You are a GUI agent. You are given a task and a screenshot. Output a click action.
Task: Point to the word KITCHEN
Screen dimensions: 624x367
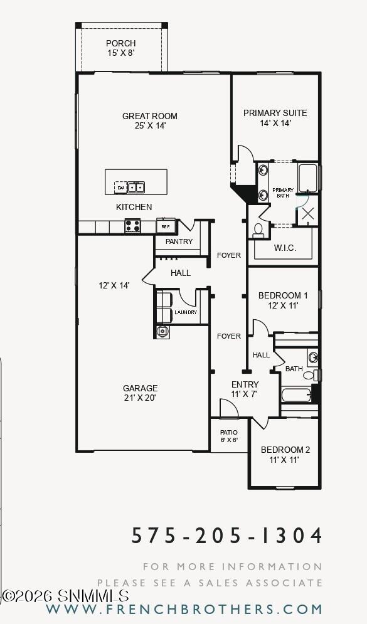134,207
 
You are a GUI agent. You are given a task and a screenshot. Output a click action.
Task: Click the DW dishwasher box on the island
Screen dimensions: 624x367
120,187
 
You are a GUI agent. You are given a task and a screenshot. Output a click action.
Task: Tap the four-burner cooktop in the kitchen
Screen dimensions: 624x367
132,226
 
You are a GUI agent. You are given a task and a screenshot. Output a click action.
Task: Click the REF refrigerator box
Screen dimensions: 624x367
166,226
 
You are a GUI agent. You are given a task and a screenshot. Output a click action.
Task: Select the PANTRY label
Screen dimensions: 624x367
179,241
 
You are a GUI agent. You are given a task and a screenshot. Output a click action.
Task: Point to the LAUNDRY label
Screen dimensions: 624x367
185,312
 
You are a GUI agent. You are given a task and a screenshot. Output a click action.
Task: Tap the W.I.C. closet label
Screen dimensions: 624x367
285,248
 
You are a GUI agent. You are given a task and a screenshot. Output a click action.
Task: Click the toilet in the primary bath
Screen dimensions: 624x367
258,230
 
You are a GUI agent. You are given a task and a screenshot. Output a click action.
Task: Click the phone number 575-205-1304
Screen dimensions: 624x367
227,536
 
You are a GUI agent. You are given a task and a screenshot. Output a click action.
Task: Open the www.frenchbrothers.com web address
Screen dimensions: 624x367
184,609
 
